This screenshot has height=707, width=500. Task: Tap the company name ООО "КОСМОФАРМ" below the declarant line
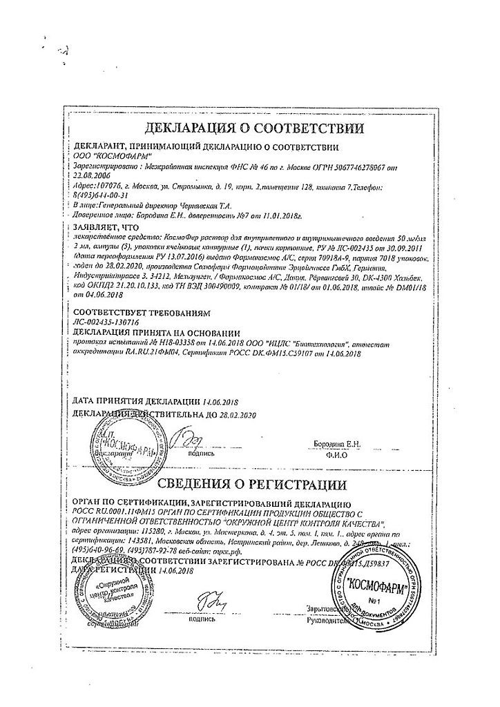[x=108, y=156]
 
